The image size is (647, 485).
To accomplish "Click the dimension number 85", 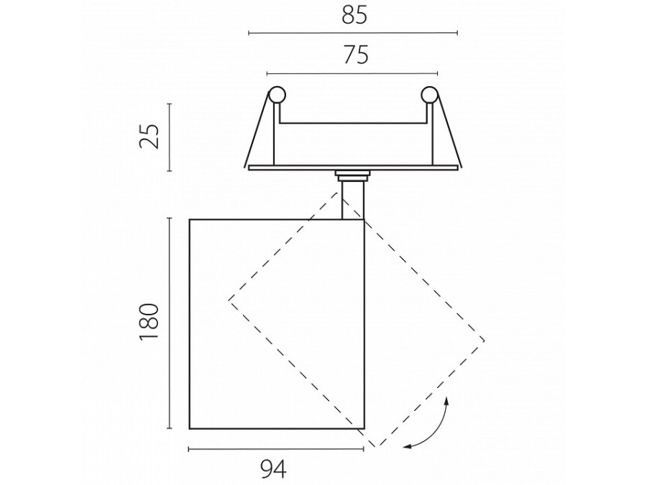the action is pyautogui.click(x=354, y=16).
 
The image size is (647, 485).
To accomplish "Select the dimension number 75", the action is pyautogui.click(x=355, y=55).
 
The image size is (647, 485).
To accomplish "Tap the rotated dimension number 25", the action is pyautogui.click(x=149, y=136).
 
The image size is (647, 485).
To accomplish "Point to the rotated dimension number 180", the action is pyautogui.click(x=149, y=321).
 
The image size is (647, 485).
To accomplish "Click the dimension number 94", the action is pyautogui.click(x=274, y=469).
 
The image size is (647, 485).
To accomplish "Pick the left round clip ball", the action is pyautogui.click(x=277, y=95).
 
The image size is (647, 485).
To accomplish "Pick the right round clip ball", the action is pyautogui.click(x=430, y=95).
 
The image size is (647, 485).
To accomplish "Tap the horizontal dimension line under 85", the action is pyautogui.click(x=353, y=32).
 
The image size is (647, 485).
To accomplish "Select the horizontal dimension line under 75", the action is pyautogui.click(x=352, y=73).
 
